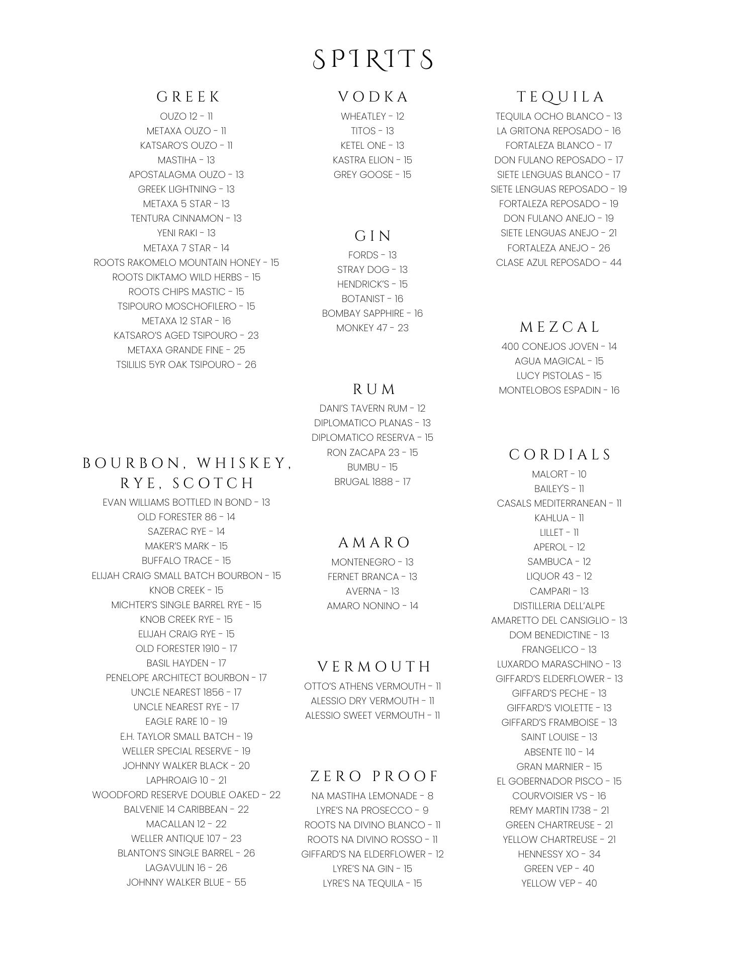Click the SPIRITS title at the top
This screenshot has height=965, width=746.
tap(372, 59)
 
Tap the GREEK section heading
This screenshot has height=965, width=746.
tap(189, 96)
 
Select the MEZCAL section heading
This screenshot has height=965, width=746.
tap(559, 327)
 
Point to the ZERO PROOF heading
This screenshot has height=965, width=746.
tap(375, 776)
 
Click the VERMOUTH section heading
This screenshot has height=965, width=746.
tap(375, 666)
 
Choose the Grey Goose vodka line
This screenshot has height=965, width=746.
tap(372, 174)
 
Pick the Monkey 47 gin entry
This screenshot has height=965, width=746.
tap(372, 328)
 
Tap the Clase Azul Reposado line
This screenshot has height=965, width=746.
tap(558, 262)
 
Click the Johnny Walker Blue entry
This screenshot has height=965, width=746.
tap(186, 882)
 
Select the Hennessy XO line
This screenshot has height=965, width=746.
tap(559, 854)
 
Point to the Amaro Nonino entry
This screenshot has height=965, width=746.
tap(372, 606)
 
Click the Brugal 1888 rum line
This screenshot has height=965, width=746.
tap(372, 481)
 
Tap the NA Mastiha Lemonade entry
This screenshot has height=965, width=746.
tap(372, 796)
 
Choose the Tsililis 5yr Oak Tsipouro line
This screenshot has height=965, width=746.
tap(186, 364)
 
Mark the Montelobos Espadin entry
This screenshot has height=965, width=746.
tap(559, 390)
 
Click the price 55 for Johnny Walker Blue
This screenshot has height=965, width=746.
tap(240, 882)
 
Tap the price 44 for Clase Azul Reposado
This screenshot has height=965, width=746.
tap(615, 262)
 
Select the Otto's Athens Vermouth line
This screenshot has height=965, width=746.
tap(372, 686)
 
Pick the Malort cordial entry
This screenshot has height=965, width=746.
tap(559, 474)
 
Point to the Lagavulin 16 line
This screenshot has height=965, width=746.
tap(186, 867)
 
